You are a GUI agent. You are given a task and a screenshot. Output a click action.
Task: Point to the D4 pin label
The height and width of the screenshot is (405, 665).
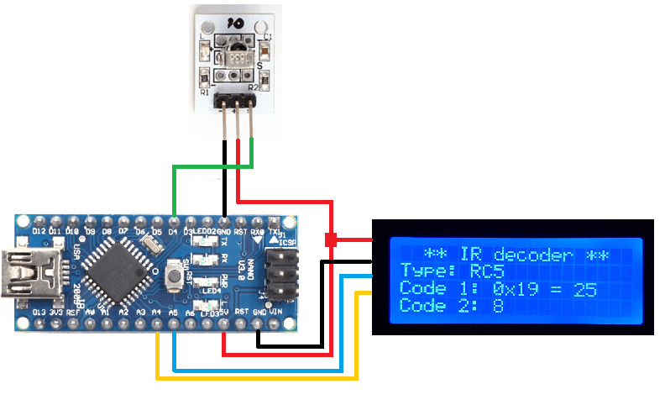173,230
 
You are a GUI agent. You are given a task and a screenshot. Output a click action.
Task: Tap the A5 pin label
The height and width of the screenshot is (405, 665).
173,313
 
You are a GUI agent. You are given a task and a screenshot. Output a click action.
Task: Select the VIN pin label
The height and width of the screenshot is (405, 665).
275,313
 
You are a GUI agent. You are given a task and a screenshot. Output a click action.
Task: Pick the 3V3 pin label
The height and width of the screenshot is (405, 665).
55,313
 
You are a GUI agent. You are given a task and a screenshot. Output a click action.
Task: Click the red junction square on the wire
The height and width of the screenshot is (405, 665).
331,240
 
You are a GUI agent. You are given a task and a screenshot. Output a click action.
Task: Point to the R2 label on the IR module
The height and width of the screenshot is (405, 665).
250,87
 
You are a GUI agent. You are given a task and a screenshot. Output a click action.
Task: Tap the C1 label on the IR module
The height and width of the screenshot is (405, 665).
267,37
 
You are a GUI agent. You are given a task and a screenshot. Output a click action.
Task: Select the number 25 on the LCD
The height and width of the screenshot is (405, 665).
585,289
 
